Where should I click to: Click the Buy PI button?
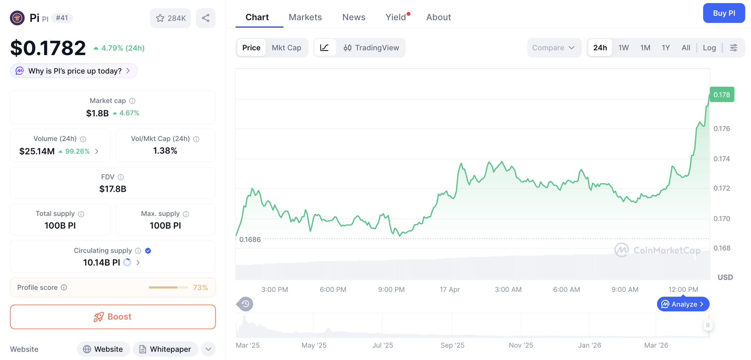[724, 13]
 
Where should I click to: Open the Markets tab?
[305, 17]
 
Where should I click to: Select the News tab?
[354, 17]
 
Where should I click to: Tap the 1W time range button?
[623, 48]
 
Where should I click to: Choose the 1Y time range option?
[666, 48]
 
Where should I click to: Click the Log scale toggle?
[709, 48]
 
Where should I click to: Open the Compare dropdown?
[553, 48]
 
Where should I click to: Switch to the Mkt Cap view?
[286, 48]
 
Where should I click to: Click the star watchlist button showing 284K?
[170, 18]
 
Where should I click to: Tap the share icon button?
[206, 18]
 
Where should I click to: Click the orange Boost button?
[113, 317]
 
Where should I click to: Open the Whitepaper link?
[166, 349]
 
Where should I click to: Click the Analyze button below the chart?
[683, 304]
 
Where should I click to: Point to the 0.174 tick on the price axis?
[722, 159]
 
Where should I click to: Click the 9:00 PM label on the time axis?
[391, 290]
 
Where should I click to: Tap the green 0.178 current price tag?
[722, 95]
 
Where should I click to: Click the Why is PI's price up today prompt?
[74, 71]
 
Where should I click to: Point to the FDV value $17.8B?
[113, 189]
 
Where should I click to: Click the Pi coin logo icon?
[17, 18]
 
